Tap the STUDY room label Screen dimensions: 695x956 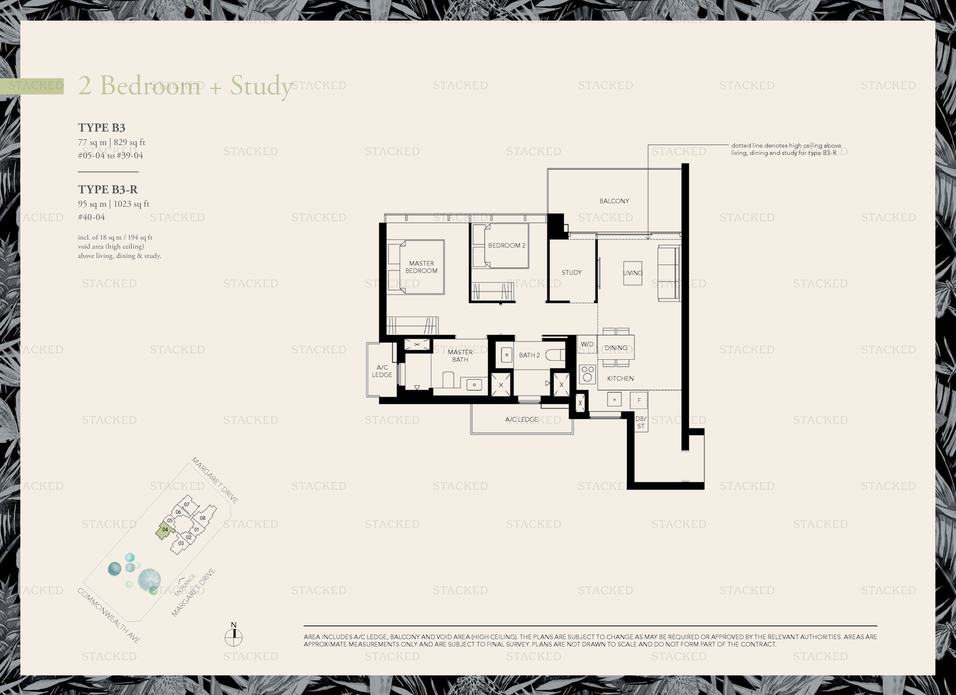(x=572, y=272)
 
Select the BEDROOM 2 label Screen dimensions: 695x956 (x=507, y=245)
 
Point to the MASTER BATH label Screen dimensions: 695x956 (x=460, y=356)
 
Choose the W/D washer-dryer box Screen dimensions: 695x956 (x=587, y=344)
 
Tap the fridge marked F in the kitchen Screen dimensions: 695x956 (x=639, y=400)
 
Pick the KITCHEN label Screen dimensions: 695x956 (x=620, y=378)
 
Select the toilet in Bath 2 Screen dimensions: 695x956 (x=555, y=355)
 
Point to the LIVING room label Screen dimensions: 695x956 (x=633, y=273)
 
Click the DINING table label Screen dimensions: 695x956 (x=616, y=348)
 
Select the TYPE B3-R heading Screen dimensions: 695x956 (x=108, y=189)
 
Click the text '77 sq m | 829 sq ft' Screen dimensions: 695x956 (x=112, y=143)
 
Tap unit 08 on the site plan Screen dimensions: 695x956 (x=203, y=518)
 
